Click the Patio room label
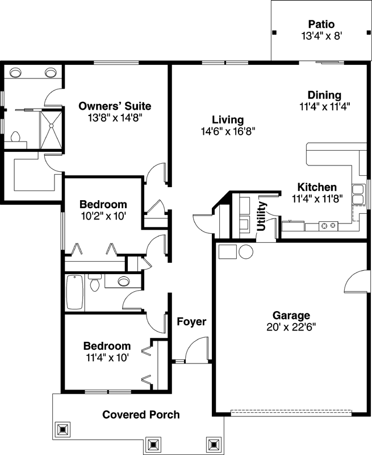pyautogui.click(x=321, y=24)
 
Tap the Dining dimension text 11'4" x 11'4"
pyautogui.click(x=324, y=105)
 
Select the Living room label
pyautogui.click(x=228, y=120)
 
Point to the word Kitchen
pyautogui.click(x=317, y=187)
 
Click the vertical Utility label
pyautogui.click(x=262, y=216)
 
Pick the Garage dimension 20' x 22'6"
pyautogui.click(x=291, y=326)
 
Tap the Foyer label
pyautogui.click(x=191, y=322)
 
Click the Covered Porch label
pyautogui.click(x=141, y=415)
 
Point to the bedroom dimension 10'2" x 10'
pyautogui.click(x=103, y=216)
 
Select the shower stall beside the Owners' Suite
pyautogui.click(x=51, y=129)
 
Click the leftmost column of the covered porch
pyautogui.click(x=63, y=428)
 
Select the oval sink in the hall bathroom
pyautogui.click(x=123, y=280)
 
